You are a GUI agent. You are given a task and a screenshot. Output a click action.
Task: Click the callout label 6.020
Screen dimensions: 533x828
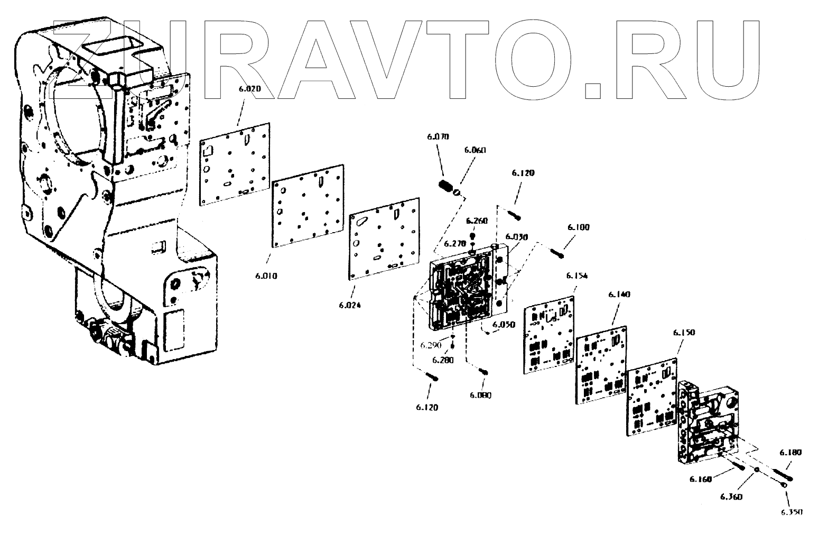250,89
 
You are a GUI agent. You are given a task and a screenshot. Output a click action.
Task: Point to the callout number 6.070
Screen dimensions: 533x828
438,137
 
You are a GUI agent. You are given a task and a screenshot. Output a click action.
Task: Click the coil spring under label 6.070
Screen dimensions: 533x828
447,187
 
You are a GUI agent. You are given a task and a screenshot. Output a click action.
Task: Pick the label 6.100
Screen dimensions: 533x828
579,227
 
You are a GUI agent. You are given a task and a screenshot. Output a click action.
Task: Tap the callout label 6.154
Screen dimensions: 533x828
577,276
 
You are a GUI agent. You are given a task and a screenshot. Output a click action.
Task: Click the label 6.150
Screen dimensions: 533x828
684,333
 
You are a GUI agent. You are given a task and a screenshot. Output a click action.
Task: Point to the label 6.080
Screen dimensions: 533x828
480,395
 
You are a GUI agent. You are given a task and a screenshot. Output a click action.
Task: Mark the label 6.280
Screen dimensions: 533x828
443,360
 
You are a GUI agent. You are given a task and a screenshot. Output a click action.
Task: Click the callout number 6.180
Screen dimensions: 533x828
790,453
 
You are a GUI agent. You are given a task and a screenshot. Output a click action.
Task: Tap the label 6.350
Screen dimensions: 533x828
791,512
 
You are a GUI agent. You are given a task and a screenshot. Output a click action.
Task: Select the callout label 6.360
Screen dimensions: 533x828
731,497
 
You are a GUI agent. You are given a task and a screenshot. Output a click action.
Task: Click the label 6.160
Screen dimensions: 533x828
701,479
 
